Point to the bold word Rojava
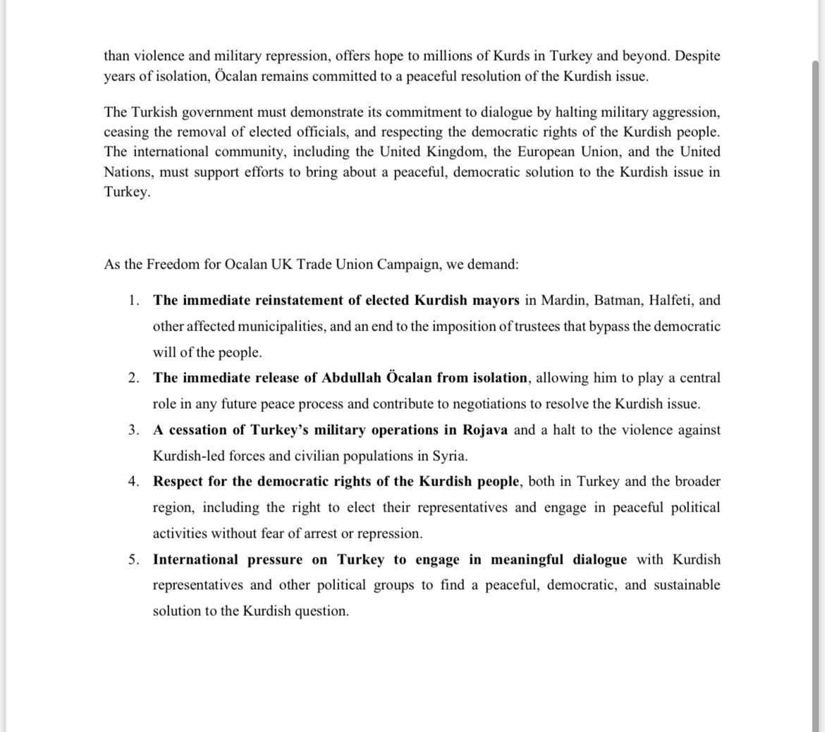click(485, 430)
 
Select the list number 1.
click(134, 301)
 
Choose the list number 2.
click(134, 378)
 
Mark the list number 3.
click(134, 430)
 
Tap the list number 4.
click(134, 482)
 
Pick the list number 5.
click(134, 560)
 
